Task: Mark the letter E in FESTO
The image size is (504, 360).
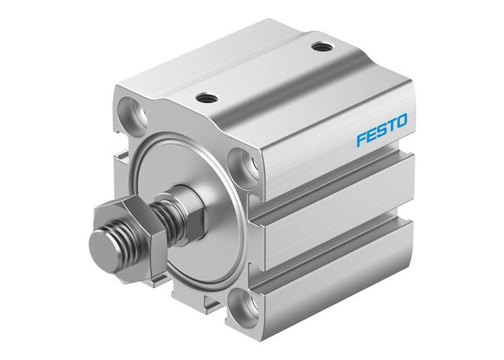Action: [x=370, y=131]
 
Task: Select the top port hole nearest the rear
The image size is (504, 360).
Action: [x=320, y=48]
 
